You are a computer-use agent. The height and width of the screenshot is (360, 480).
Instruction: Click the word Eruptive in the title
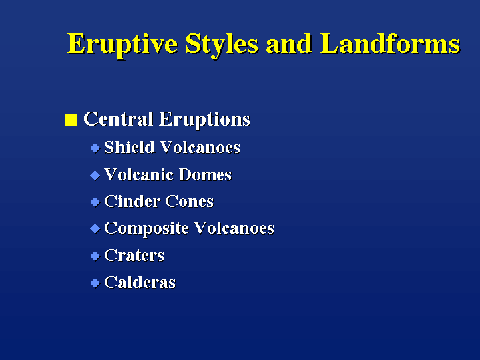click(123, 45)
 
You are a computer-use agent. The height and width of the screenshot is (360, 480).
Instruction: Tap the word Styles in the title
click(222, 45)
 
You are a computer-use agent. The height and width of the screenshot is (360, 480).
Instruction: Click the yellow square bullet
click(71, 120)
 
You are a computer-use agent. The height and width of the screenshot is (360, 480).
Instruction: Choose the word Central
click(118, 119)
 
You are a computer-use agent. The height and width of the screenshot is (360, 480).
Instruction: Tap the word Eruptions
click(204, 120)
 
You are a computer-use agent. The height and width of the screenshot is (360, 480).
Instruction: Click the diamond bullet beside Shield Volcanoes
click(95, 148)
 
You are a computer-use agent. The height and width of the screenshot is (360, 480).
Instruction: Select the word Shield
click(130, 147)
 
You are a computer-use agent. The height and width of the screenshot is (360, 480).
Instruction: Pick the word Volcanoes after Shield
click(200, 147)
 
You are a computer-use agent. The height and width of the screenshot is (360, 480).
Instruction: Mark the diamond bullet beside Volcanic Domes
click(95, 175)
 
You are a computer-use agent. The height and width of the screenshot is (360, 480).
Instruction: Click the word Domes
click(205, 174)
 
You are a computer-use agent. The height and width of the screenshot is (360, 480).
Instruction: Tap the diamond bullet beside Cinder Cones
click(95, 202)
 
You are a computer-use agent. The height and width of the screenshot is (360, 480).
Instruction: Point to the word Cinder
click(132, 202)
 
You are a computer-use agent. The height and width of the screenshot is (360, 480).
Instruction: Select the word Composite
click(146, 229)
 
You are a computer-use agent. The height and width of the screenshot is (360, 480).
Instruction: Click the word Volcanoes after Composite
click(234, 228)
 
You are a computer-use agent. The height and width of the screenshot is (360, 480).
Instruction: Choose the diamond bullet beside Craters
click(95, 256)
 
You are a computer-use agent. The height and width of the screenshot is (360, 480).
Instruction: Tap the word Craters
click(134, 256)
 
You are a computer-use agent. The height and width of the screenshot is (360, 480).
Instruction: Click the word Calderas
click(140, 282)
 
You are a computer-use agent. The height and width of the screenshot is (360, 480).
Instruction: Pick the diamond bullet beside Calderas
click(95, 283)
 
